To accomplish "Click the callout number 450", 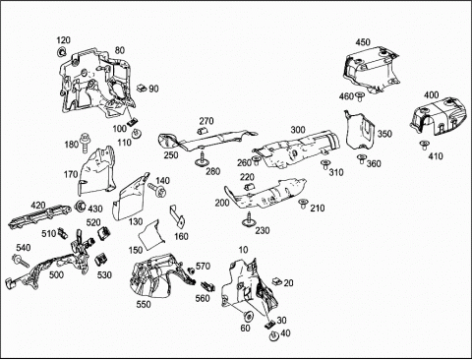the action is [363, 42].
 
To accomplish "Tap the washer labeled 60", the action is [248, 317].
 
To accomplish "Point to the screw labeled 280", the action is [203, 159].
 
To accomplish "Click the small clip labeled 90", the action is [142, 88].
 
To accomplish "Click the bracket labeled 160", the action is [177, 217].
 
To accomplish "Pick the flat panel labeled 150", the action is [151, 233].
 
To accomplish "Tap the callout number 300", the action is [298, 130].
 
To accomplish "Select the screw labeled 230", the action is [250, 219].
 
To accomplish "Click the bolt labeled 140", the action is [158, 190].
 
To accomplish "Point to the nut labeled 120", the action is [61, 51].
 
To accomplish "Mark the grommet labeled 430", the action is [80, 207].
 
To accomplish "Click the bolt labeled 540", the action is [21, 261].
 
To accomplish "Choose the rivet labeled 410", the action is [425, 146].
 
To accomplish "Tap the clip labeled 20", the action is [277, 281].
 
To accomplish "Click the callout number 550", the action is [144, 304].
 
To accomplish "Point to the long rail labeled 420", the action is [40, 216].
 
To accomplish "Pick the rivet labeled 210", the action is [303, 204].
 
